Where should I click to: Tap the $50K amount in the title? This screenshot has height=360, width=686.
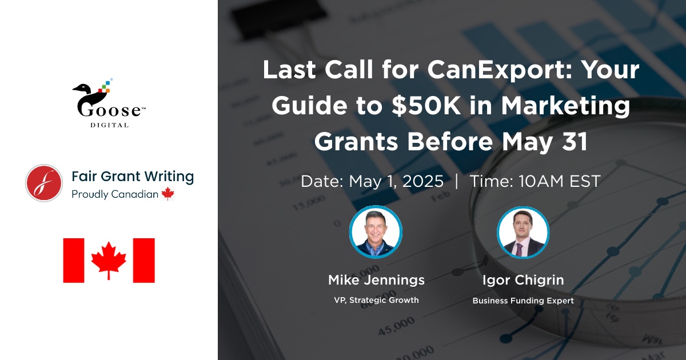pyautogui.click(x=426, y=106)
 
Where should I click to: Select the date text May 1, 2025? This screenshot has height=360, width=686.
pyautogui.click(x=396, y=181)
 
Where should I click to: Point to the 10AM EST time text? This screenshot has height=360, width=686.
pyautogui.click(x=559, y=181)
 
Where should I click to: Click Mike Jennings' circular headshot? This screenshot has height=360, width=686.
pyautogui.click(x=376, y=232)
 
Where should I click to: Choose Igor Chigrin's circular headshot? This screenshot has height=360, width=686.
pyautogui.click(x=523, y=233)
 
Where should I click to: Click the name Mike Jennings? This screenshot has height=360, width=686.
pyautogui.click(x=376, y=281)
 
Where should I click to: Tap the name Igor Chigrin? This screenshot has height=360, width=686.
pyautogui.click(x=523, y=281)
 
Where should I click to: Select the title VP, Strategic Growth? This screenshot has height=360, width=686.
pyautogui.click(x=376, y=300)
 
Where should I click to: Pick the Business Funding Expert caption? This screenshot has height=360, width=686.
pyautogui.click(x=523, y=301)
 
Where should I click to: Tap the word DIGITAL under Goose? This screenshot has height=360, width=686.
pyautogui.click(x=109, y=125)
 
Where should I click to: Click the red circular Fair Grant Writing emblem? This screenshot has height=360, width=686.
pyautogui.click(x=44, y=183)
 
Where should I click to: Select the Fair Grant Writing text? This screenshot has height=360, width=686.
pyautogui.click(x=133, y=177)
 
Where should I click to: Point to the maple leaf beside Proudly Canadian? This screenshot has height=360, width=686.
pyautogui.click(x=168, y=194)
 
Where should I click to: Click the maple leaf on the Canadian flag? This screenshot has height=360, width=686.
pyautogui.click(x=109, y=260)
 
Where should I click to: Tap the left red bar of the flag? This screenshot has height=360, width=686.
pyautogui.click(x=74, y=261)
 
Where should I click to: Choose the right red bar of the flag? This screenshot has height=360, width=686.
pyautogui.click(x=144, y=261)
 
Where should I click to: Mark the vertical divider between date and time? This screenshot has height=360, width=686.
pyautogui.click(x=457, y=181)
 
